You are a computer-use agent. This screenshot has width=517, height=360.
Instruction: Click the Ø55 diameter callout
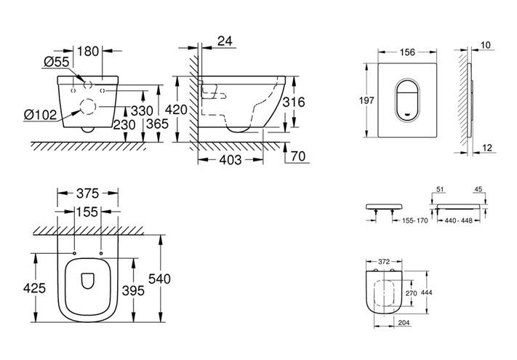pyautogui.click(x=56, y=62)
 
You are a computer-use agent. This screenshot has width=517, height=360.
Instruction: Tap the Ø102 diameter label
pyautogui.click(x=40, y=115)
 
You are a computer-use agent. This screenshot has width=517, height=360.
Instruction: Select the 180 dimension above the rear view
pyautogui.click(x=88, y=52)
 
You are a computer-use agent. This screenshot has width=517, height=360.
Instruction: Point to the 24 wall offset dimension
pyautogui.click(x=225, y=41)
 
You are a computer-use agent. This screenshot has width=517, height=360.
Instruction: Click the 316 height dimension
pyautogui.click(x=294, y=103)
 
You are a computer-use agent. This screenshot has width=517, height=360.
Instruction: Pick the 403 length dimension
pyautogui.click(x=231, y=160)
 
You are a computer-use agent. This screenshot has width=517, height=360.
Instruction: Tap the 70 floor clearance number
pyautogui.click(x=298, y=156)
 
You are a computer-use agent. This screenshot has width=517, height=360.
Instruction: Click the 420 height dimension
pyautogui.click(x=177, y=109)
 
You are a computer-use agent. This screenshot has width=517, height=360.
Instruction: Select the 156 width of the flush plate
pyautogui.click(x=407, y=52)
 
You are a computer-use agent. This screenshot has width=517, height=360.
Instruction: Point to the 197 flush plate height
pyautogui.click(x=366, y=100)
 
